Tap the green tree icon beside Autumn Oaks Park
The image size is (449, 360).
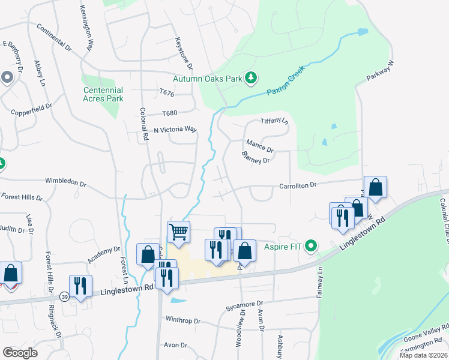click(251, 78)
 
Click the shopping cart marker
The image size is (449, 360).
click(178, 230)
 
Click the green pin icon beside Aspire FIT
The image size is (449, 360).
click(311, 245)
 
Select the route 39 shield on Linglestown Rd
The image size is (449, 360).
click(64, 296)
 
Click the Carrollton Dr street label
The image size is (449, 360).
click(298, 186)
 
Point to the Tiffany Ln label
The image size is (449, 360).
click(275, 122)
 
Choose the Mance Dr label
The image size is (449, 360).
click(260, 145)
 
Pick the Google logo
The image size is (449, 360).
click(20, 353)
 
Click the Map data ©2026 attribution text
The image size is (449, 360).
click(423, 355)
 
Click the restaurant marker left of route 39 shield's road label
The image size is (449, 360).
click(80, 286)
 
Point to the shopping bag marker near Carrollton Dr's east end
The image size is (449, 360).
click(375, 187)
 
